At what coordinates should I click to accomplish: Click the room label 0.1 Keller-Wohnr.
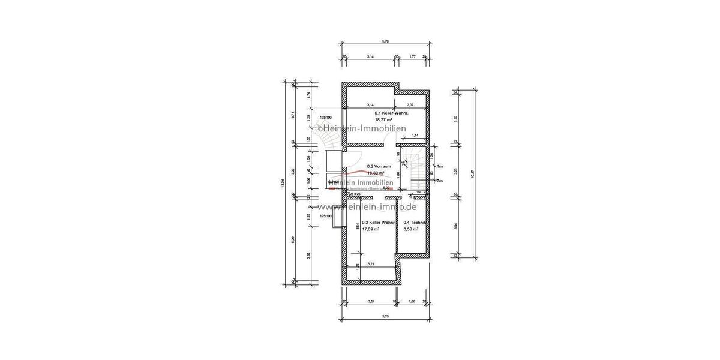click(x=391, y=113)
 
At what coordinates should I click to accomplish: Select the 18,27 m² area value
click(x=384, y=119)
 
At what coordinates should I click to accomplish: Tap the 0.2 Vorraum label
click(x=379, y=166)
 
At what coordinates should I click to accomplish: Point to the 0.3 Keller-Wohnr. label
click(x=379, y=223)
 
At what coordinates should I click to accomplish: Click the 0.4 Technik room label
click(x=415, y=223)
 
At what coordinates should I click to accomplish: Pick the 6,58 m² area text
click(x=411, y=229)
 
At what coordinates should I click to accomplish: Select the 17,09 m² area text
click(x=371, y=229)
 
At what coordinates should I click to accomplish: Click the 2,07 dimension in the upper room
click(x=410, y=105)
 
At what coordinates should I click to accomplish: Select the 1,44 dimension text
click(x=415, y=136)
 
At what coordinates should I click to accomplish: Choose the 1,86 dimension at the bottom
click(x=412, y=301)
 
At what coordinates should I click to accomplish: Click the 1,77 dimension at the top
click(x=412, y=56)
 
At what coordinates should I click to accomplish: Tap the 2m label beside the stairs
click(x=440, y=181)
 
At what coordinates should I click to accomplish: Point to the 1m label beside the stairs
click(x=440, y=166)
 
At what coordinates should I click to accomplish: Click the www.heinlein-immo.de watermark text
click(x=371, y=206)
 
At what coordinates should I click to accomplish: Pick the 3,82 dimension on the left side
click(x=309, y=255)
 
